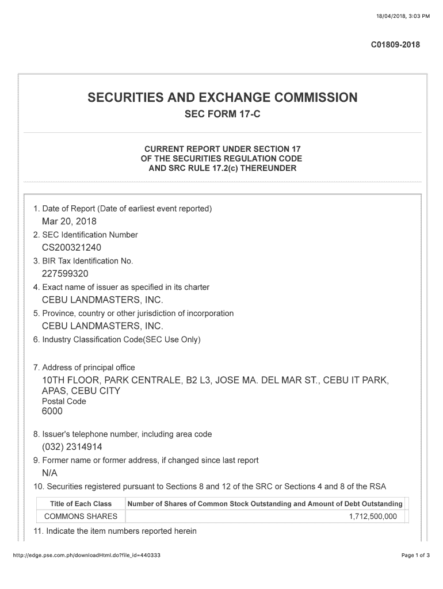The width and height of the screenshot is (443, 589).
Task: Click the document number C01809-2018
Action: [x=395, y=45]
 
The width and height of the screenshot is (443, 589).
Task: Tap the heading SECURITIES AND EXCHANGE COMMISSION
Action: [x=222, y=98]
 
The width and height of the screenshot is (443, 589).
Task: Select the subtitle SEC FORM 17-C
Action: [x=222, y=114]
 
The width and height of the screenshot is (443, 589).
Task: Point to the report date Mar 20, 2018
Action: [x=69, y=221]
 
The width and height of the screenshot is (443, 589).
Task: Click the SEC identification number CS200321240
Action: [x=71, y=248]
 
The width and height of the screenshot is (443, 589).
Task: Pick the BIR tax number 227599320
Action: [x=65, y=274]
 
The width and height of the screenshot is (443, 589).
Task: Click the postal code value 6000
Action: [x=52, y=411]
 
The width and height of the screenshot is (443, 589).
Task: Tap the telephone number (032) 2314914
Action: [x=72, y=447]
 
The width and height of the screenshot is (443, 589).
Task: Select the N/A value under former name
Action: [x=49, y=473]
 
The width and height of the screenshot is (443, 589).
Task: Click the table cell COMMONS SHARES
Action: [x=81, y=516]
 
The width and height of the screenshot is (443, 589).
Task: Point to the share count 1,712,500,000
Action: [x=373, y=516]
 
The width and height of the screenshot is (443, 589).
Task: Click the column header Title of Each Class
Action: [x=81, y=504]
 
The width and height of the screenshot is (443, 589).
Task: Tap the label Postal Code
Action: [x=64, y=401]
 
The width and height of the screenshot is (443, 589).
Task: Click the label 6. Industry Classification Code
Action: [x=117, y=339]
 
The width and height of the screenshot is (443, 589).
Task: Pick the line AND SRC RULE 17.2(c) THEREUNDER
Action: [x=222, y=169]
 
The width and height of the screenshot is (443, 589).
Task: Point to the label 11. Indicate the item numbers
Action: [x=115, y=531]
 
